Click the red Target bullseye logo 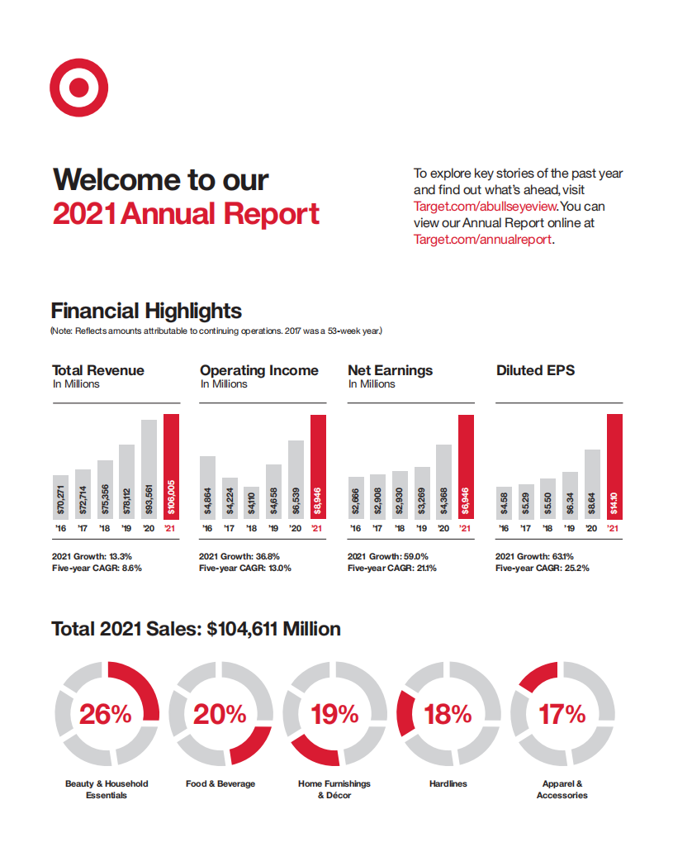79,87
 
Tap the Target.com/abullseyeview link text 486,207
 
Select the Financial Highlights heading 146,311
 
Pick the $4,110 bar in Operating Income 251,502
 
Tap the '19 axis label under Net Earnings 422,528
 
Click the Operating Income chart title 258,370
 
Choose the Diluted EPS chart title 535,370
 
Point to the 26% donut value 106,713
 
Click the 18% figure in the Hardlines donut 448,713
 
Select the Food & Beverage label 220,783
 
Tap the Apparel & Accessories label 562,789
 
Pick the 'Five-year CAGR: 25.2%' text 542,568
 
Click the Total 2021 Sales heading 196,629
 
